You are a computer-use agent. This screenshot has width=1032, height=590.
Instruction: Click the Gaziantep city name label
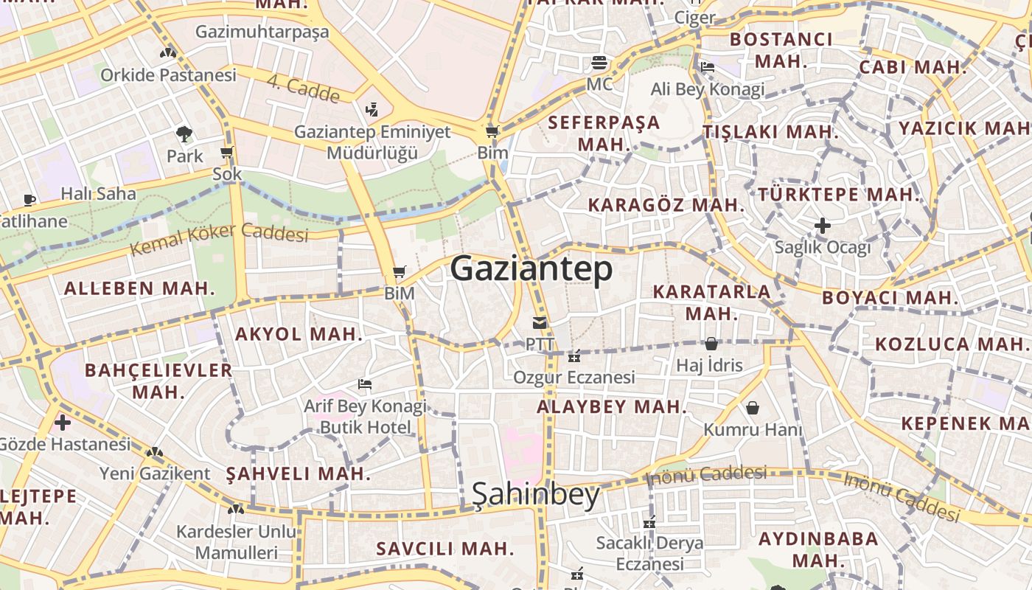coord(531,268)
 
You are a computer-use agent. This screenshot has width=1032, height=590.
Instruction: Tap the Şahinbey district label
coord(536,495)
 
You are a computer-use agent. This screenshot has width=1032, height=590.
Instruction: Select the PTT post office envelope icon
coord(540,323)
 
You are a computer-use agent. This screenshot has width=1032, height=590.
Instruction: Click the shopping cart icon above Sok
coord(227,153)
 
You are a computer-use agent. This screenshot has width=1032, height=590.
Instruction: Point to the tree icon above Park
coord(184,134)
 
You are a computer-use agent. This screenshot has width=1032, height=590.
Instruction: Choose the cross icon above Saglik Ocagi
coord(823,226)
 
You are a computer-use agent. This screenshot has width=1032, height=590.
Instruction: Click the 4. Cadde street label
coord(303,90)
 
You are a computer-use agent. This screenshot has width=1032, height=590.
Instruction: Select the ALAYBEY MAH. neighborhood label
coord(612,406)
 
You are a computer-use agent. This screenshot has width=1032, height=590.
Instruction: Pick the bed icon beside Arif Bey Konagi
coord(364,383)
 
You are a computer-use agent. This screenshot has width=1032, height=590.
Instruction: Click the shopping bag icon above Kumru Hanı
coord(753,408)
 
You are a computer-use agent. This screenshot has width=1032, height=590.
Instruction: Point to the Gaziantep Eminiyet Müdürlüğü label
coord(372,142)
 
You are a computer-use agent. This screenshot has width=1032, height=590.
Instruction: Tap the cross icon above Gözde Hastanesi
coord(63,423)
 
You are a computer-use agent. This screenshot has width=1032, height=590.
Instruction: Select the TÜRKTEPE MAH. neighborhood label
coord(840,195)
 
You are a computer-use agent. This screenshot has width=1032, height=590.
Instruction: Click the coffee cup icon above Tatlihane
coord(29,200)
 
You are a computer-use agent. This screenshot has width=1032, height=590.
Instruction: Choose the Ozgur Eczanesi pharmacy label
coord(574,378)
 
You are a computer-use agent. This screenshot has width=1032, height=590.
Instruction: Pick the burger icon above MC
coord(599,62)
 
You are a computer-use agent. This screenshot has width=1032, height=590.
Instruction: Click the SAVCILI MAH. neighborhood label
coord(445,549)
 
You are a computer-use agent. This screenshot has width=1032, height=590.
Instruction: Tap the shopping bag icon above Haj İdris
coord(711,344)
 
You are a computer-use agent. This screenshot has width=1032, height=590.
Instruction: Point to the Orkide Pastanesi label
coord(168,75)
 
